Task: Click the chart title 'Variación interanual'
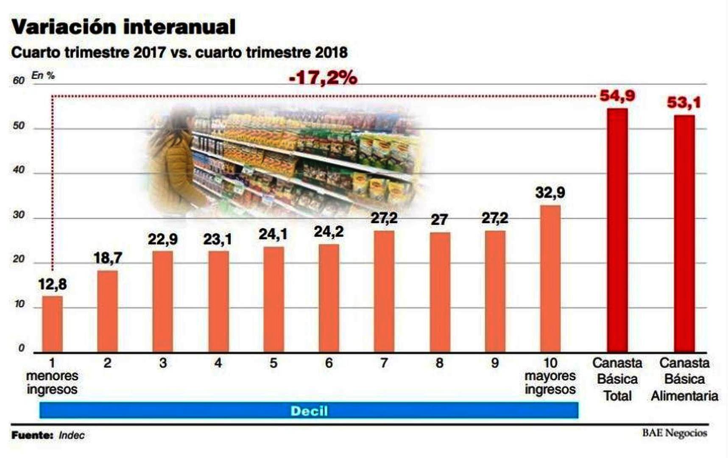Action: [123, 27]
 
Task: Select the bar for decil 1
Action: [52, 324]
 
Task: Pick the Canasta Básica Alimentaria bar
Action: [684, 233]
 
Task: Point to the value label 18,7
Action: [108, 258]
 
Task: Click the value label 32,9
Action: [550, 193]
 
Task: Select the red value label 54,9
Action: [617, 96]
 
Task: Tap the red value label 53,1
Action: [684, 103]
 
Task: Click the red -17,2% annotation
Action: [323, 78]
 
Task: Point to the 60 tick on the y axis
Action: [19, 80]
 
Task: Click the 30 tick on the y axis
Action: [19, 215]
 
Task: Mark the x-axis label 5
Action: [273, 363]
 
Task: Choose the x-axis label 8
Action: [439, 363]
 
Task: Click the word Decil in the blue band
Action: [309, 411]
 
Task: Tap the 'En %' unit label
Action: [43, 75]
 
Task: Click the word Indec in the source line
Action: [72, 435]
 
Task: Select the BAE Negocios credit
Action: [674, 433]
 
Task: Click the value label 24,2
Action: [329, 232]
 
